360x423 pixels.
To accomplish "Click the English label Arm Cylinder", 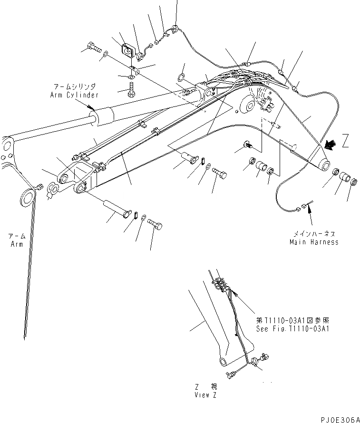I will tap(74, 95).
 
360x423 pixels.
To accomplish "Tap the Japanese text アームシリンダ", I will tap(74, 87).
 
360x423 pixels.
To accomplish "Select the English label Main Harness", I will tap(314, 242).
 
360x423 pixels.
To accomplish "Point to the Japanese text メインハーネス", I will tap(314, 234).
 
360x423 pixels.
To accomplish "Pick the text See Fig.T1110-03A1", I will tap(292, 328).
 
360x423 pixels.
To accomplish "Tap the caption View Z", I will tap(205, 395).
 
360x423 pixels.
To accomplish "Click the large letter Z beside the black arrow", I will tap(345, 142).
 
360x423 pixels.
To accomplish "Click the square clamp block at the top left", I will tap(127, 50).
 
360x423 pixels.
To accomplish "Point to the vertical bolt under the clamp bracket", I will tap(131, 89).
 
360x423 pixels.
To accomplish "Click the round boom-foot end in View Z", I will tap(223, 362).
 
